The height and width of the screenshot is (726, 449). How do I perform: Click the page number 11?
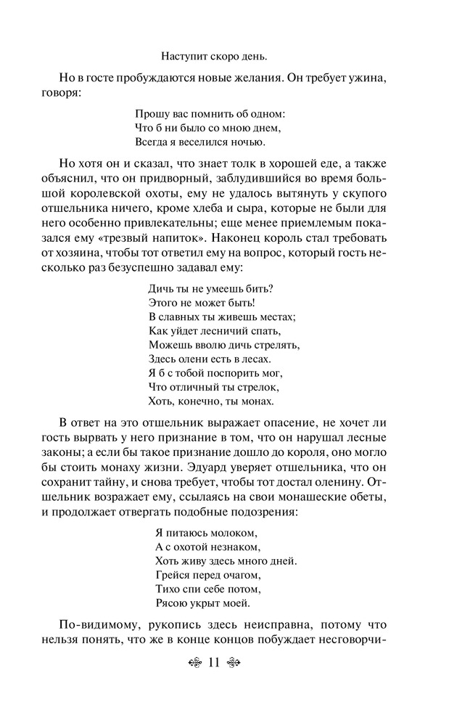point(213,662)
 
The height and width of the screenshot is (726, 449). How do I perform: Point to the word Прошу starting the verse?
point(150,114)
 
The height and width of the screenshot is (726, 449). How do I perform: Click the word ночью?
point(247,142)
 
